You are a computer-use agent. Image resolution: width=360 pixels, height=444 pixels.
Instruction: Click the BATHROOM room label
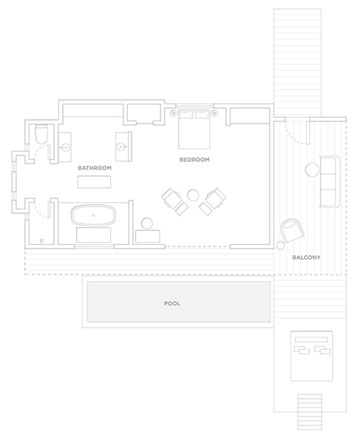(x=95, y=168)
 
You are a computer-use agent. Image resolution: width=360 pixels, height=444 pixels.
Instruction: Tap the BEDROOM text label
(x=194, y=160)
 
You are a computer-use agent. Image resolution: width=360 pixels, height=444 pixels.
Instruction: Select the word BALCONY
(x=306, y=258)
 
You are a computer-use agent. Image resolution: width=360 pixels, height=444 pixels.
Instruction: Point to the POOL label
(x=172, y=303)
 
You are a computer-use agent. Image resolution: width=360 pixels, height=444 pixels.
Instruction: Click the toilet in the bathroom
(x=42, y=134)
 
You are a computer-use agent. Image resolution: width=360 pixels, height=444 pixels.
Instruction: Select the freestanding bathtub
(x=93, y=216)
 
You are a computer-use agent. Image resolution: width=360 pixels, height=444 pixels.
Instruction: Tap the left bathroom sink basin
(x=65, y=147)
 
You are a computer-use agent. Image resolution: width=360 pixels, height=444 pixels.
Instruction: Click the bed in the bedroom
(x=194, y=129)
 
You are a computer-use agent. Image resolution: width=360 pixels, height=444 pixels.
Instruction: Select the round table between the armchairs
(x=193, y=195)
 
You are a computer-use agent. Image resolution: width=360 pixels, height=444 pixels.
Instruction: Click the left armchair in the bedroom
(x=174, y=201)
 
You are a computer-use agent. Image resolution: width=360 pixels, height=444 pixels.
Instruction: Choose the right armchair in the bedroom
(x=212, y=201)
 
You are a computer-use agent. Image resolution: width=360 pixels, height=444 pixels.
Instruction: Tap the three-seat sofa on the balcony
(x=330, y=182)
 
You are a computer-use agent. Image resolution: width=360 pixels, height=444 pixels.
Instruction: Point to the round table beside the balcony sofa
(x=313, y=170)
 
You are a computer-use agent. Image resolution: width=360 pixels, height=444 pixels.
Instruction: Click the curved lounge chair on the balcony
(x=292, y=230)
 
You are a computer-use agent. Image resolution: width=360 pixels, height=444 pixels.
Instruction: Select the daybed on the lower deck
(x=311, y=356)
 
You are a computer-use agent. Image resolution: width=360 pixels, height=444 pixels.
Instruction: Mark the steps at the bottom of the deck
(x=310, y=412)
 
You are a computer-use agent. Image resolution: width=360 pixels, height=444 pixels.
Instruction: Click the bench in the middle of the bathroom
(x=94, y=182)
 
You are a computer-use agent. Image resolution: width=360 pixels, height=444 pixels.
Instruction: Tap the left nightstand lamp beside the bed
(x=174, y=113)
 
